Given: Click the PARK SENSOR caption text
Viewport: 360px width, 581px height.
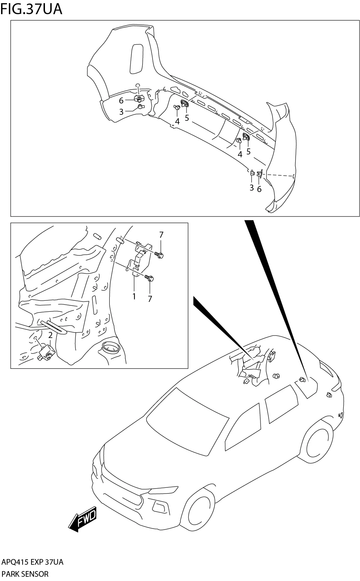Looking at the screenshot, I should pyautogui.click(x=25, y=574).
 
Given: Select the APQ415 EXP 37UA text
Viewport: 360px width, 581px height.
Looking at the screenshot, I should pyautogui.click(x=33, y=562).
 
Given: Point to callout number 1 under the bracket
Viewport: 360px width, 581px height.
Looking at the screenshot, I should pyautogui.click(x=134, y=296).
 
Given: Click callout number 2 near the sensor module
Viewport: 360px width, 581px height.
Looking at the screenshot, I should pyautogui.click(x=50, y=335).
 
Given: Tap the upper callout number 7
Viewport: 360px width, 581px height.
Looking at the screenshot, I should pyautogui.click(x=161, y=235).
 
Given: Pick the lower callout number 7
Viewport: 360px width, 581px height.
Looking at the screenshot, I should pyautogui.click(x=150, y=299).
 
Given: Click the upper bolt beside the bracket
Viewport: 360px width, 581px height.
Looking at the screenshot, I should pyautogui.click(x=159, y=254).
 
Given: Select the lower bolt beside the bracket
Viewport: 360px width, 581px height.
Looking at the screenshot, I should pyautogui.click(x=150, y=278).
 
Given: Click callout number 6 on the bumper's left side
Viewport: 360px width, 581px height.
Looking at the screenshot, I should pyautogui.click(x=121, y=101).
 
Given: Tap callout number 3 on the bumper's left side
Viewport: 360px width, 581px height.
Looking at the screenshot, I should pyautogui.click(x=121, y=112).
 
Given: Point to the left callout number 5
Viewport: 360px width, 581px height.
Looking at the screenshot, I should pyautogui.click(x=187, y=118).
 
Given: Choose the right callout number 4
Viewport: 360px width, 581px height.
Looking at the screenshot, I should pyautogui.click(x=240, y=154).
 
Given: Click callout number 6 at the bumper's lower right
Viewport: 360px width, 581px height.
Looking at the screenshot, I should pyautogui.click(x=259, y=189).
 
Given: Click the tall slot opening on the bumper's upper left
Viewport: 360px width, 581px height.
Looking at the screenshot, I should pyautogui.click(x=136, y=59).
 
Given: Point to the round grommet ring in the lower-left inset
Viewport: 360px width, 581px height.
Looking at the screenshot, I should pyautogui.click(x=111, y=348).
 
